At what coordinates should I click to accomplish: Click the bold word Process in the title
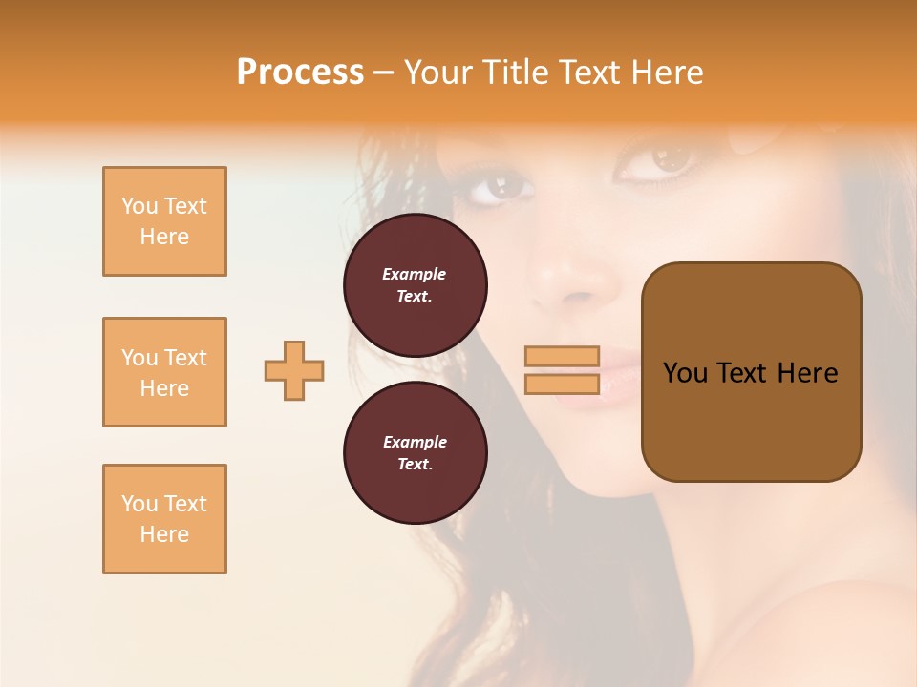tap(300, 73)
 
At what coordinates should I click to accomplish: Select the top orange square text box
tap(164, 221)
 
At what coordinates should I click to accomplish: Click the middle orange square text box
tap(164, 372)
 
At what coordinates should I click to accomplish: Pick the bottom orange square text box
tap(164, 519)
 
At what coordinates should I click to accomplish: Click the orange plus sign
tap(294, 370)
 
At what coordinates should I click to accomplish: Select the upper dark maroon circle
tap(416, 285)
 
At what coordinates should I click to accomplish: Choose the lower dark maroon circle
tap(416, 453)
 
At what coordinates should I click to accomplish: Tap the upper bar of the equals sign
tap(562, 356)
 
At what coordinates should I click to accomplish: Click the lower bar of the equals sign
tap(562, 384)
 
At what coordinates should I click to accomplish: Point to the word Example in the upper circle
tap(415, 274)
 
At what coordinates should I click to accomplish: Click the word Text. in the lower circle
tap(415, 465)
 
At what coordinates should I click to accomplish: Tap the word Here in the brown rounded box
tap(807, 373)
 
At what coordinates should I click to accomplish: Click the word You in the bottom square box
tap(139, 504)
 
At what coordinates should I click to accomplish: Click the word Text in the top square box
tap(185, 206)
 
